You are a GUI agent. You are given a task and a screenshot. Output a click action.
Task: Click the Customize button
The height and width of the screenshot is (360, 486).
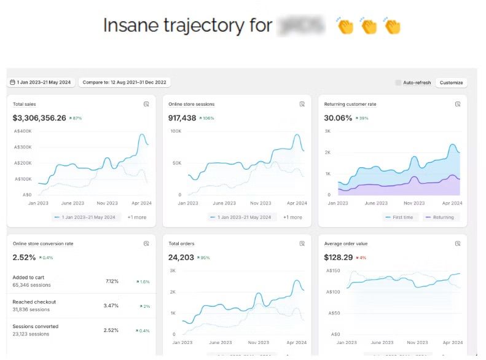[x=451, y=82]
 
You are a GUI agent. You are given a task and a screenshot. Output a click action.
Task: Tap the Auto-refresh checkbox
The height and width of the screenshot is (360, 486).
[x=398, y=82]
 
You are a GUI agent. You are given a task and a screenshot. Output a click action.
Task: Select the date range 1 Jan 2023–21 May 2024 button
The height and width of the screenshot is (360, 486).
[x=41, y=82]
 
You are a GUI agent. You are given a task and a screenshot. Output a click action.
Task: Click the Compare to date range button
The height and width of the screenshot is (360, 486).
[x=125, y=82]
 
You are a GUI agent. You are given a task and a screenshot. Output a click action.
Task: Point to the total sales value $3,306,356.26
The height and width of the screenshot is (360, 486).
[x=39, y=118]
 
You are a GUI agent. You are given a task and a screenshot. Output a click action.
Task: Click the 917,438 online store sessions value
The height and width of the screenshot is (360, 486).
[x=182, y=118]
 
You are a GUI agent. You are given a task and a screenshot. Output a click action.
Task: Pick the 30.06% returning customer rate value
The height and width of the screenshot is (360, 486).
[x=338, y=118]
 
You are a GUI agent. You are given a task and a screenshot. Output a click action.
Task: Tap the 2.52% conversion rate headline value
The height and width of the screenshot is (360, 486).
[x=24, y=257]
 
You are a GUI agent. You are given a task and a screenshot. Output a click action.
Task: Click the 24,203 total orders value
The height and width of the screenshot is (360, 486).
[x=182, y=257]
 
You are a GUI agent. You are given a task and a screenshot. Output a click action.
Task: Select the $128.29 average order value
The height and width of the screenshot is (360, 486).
[x=339, y=257]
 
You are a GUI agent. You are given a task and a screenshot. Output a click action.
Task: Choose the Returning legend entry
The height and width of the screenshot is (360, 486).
[x=443, y=217]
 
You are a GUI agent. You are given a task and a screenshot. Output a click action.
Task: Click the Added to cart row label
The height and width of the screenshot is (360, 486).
[x=28, y=278]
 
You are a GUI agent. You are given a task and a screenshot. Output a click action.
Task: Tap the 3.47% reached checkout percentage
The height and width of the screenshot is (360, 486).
[x=111, y=305]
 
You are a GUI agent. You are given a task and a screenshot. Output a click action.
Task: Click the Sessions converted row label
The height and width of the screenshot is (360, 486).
[x=36, y=326]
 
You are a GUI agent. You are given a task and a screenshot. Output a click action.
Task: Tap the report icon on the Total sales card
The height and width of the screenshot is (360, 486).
[x=146, y=104]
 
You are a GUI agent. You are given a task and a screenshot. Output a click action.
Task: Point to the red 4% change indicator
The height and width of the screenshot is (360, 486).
[x=363, y=258]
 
